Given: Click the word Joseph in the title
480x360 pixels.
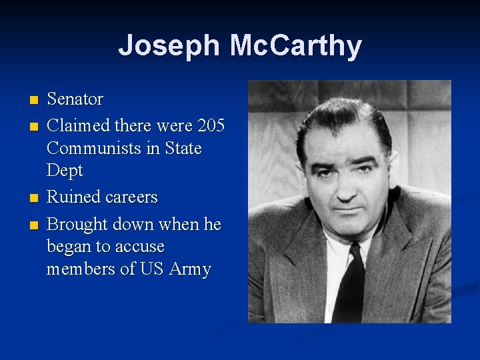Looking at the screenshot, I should tap(168, 46).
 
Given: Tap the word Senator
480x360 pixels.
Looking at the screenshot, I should tap(75, 99).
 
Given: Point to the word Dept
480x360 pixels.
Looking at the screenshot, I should tap(65, 171).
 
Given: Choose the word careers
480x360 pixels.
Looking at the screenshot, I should tap(131, 197).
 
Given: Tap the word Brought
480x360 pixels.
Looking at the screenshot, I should tap(78, 225).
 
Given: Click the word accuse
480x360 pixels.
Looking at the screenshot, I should tap(140, 247).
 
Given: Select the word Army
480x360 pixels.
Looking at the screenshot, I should tap(190, 269).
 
